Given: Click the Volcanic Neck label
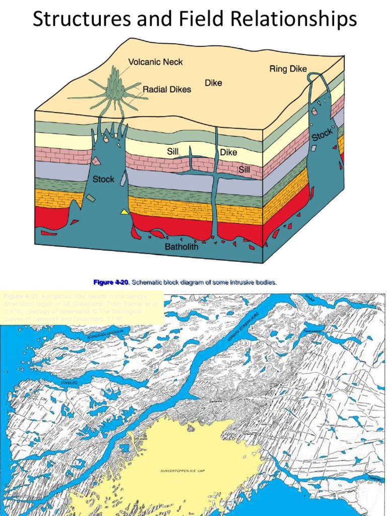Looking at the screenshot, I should [155, 62].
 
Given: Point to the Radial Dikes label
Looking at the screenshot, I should [167, 89].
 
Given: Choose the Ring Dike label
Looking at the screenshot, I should [288, 69].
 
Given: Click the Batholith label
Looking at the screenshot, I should [181, 247].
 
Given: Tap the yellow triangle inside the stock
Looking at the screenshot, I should [124, 212].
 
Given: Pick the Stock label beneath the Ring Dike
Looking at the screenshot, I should [321, 135].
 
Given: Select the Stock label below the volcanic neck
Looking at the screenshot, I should [103, 179].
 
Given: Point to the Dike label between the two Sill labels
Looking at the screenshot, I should [228, 152].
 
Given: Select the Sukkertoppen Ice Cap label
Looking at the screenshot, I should [178, 471].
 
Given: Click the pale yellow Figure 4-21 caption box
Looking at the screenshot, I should [82, 307].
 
